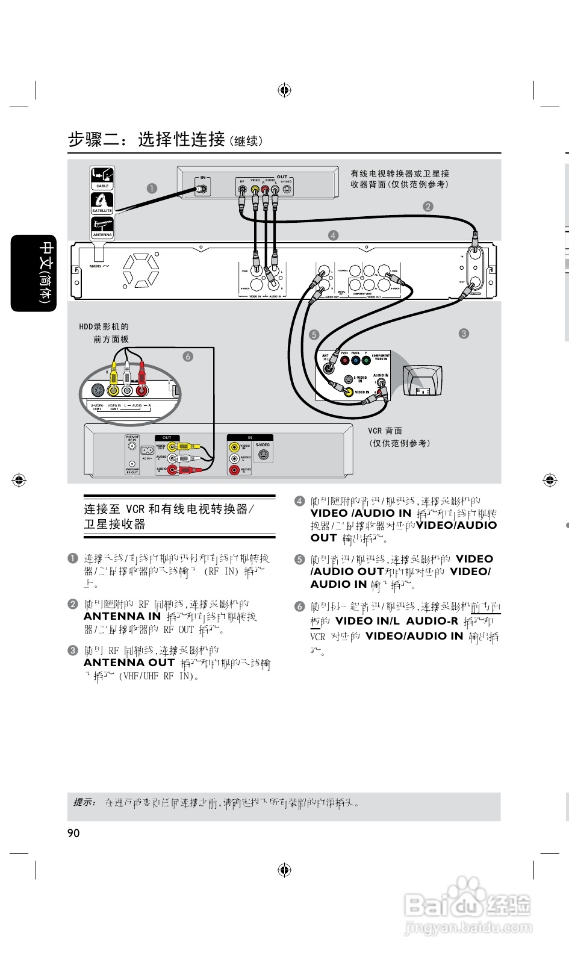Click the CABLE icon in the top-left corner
pos(102,178)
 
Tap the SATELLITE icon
pos(102,203)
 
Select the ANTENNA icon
pos(102,228)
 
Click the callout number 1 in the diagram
pos(152,188)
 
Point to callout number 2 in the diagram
pos(428,207)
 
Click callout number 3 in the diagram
pos(464,333)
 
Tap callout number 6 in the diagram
pos(188,357)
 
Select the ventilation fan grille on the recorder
pos(141,269)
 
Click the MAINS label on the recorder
pos(96,266)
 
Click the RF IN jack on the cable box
pos(203,189)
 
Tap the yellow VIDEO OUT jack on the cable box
pos(255,189)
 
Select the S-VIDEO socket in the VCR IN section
pos(263,455)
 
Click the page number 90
pos(73,833)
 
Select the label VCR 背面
pos(385,431)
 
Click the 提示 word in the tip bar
pos(85,802)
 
